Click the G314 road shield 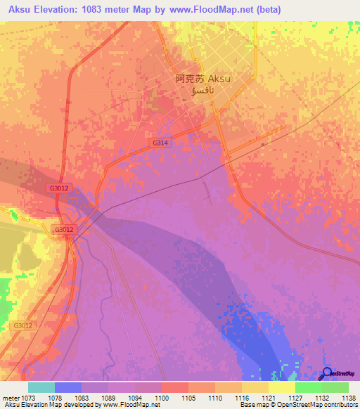pyautogui.click(x=161, y=143)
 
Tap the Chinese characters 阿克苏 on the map pyautogui.click(x=190, y=80)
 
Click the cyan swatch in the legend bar pyautogui.click(x=41, y=387)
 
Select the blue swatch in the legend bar pyautogui.click(x=68, y=387)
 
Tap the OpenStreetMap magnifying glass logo pyautogui.click(x=326, y=374)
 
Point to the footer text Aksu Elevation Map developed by pyautogui.click(x=49, y=405)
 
